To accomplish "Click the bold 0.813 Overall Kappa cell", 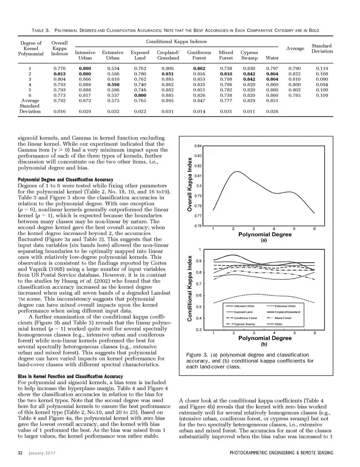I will [x=59, y=74].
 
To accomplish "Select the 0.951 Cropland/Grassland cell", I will [x=168, y=74].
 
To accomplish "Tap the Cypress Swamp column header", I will [x=249, y=55].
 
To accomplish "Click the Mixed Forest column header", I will [x=226, y=55].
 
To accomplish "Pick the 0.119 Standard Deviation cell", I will [x=322, y=69].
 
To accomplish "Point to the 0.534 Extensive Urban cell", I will [x=113, y=69].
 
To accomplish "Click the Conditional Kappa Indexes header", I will [x=176, y=42].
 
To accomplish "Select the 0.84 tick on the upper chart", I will [x=198, y=146].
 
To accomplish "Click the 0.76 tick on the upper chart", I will [x=198, y=226].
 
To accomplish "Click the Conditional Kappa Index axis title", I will [x=190, y=288].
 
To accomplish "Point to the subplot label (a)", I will [x=264, y=240].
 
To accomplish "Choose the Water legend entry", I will [x=279, y=324].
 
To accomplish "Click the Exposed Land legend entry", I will [x=243, y=312].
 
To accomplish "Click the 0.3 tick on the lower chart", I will [x=198, y=330].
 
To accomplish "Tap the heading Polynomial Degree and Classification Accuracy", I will [x=65, y=180].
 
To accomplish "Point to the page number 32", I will [x=20, y=453].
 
